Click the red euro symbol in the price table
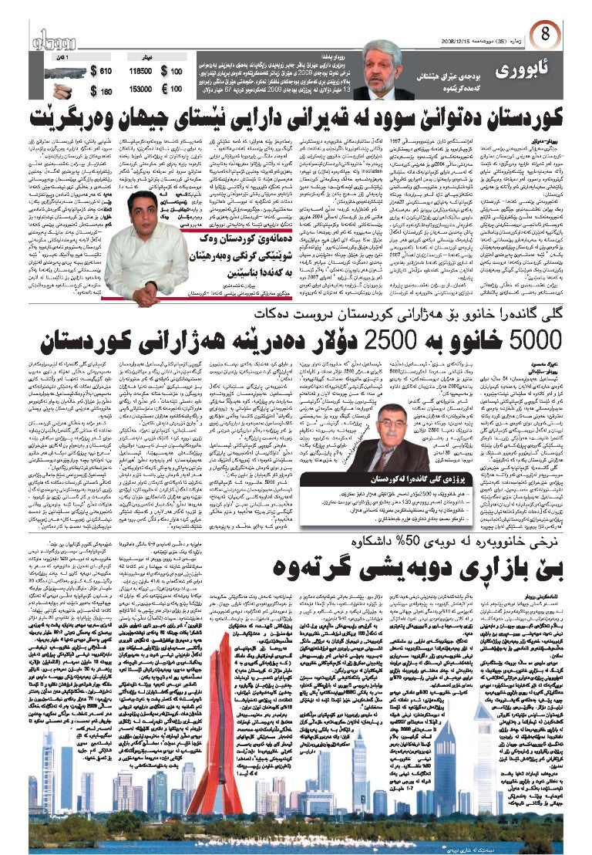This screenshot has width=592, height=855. click(163, 90)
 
